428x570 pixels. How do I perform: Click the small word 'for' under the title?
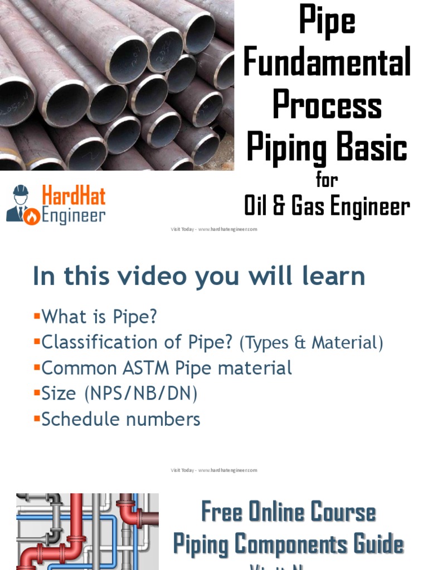(x=327, y=181)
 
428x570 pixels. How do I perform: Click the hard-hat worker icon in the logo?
(x=21, y=204)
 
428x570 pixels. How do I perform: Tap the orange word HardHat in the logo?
(x=74, y=195)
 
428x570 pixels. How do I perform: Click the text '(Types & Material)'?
(x=311, y=343)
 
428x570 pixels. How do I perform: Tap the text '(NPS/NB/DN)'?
(x=141, y=394)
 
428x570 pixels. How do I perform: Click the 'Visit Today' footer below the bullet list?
(x=214, y=470)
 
